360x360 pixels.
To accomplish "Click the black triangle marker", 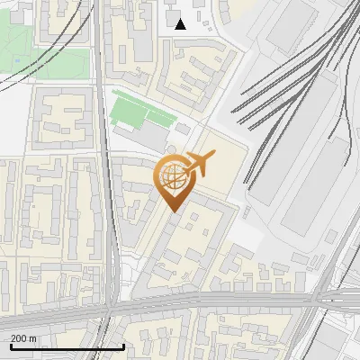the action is tap(181, 23).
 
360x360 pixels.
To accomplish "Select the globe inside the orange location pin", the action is tap(174, 177).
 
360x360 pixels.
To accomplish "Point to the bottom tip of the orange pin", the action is tap(174, 211).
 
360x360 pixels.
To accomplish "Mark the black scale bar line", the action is tap(67, 346).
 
